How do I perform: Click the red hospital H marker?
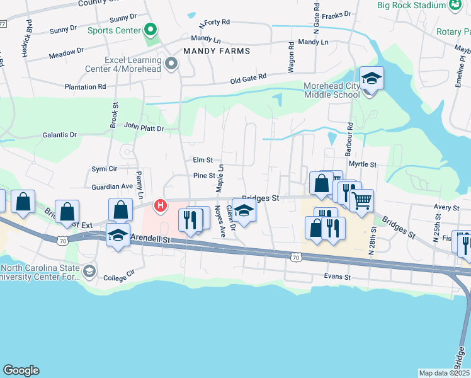click(x=161, y=205)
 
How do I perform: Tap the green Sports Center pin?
click(x=150, y=30)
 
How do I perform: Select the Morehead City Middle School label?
click(x=332, y=90)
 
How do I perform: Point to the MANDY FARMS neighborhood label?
click(x=217, y=51)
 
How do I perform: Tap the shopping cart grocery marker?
click(x=361, y=202)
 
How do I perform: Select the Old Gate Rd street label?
click(x=248, y=77)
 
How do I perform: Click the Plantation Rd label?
click(x=84, y=87)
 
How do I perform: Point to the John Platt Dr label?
click(x=144, y=128)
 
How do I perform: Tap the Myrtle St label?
click(x=362, y=164)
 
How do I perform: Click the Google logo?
click(x=21, y=370)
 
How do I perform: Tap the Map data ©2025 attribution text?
click(x=445, y=373)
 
